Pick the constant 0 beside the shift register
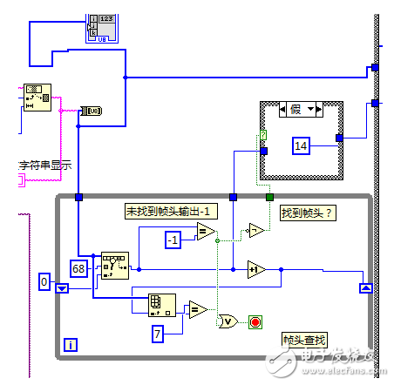[45, 281]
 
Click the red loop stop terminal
[255, 322]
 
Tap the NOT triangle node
[254, 231]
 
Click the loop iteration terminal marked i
[71, 345]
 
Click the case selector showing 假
[302, 109]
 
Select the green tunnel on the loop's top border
[270, 198]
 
